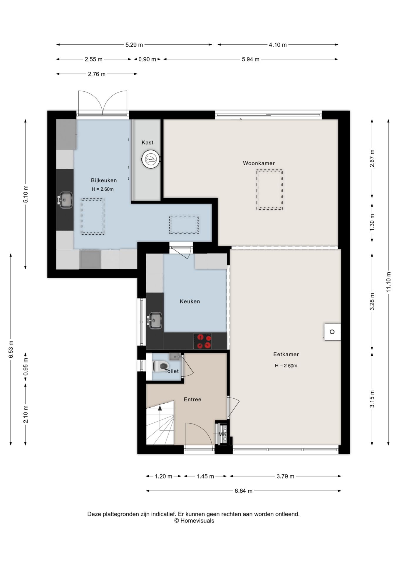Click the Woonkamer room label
click(x=259, y=163)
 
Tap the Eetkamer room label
click(x=286, y=354)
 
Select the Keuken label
click(x=190, y=301)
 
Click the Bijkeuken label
click(x=104, y=180)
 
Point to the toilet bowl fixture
click(x=160, y=366)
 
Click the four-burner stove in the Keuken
click(x=202, y=341)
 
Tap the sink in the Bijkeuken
click(x=65, y=200)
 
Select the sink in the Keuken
click(x=155, y=320)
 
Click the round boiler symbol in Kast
click(x=151, y=160)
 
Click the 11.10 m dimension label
click(x=389, y=282)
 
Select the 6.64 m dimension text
click(x=244, y=491)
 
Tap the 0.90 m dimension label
click(x=147, y=59)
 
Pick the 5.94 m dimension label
click(x=251, y=59)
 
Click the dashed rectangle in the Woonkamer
click(x=270, y=190)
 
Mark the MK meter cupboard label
click(x=222, y=434)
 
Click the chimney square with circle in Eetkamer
click(x=332, y=332)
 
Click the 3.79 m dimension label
click(x=285, y=476)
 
